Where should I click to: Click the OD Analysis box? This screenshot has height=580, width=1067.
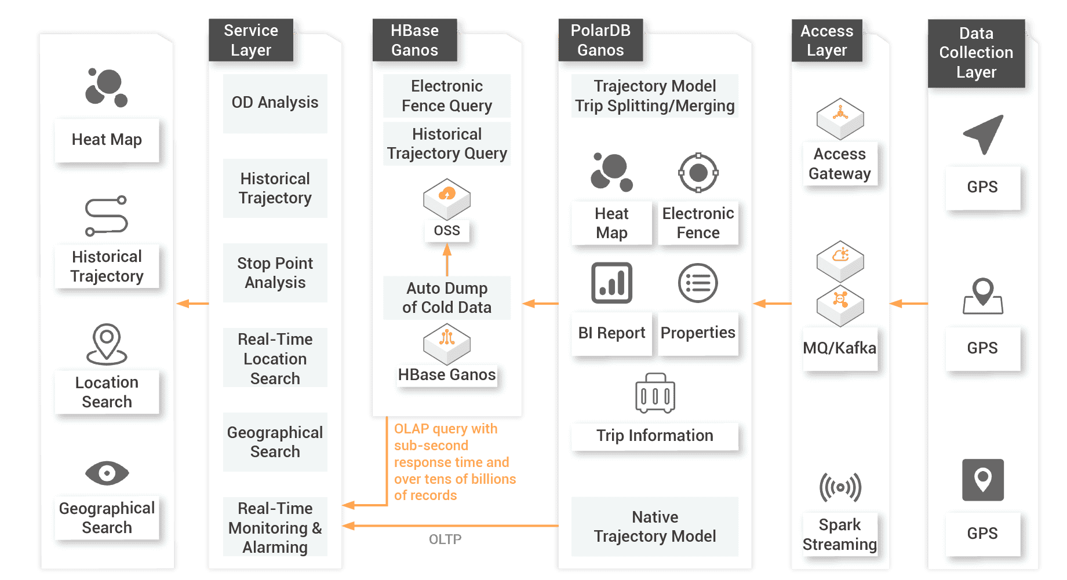coord(275,103)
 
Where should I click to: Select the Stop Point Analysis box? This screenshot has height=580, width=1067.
coord(275,273)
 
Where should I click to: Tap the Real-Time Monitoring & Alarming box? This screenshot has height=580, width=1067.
coord(275,527)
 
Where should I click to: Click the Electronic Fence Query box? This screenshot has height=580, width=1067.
coord(446,96)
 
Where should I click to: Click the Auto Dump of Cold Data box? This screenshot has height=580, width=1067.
coord(446,298)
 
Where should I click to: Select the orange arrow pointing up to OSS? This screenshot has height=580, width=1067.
coord(447,260)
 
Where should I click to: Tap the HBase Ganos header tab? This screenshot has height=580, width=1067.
coord(414,40)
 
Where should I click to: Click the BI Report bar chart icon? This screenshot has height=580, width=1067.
coord(611,283)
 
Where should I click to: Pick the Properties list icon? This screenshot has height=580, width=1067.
coord(698,283)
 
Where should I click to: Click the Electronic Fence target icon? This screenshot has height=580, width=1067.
coord(698,173)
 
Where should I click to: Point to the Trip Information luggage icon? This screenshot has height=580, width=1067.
coord(655,393)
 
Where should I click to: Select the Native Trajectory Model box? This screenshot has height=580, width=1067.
coord(654,527)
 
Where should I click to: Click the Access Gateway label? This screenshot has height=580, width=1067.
coord(839,164)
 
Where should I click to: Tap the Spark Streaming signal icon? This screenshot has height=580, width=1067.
coord(840,487)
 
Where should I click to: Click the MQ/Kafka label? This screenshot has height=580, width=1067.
coord(839,348)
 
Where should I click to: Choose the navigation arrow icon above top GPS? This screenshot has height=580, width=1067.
coord(983,134)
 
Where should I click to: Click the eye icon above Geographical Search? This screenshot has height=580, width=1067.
coord(107,473)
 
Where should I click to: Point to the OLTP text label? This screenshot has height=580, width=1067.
coord(445,539)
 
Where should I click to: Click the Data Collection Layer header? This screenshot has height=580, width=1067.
coord(976,53)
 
